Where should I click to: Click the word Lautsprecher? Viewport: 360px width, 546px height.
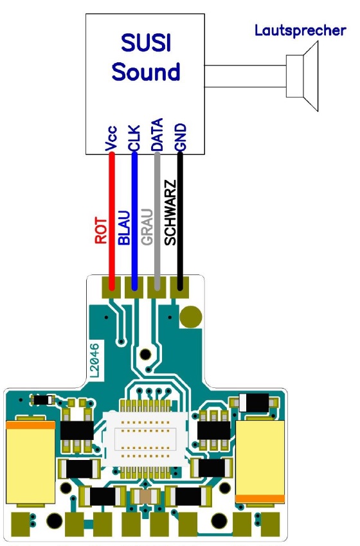pyautogui.click(x=300, y=31)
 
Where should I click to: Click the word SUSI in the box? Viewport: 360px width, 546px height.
pyautogui.click(x=146, y=43)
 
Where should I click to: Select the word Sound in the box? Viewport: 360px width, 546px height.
pyautogui.click(x=146, y=71)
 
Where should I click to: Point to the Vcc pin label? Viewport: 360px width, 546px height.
pyautogui.click(x=111, y=139)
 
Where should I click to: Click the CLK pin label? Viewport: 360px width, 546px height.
pyautogui.click(x=134, y=138)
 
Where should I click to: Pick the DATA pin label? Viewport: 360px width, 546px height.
pyautogui.click(x=157, y=134)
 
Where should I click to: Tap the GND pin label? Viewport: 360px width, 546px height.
pyautogui.click(x=181, y=137)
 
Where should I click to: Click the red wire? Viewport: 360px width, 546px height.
pyautogui.click(x=112, y=221)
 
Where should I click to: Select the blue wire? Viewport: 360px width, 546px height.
pyautogui.click(x=134, y=221)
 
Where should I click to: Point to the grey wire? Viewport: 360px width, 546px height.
pyautogui.click(x=157, y=221)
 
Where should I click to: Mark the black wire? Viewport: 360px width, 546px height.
pyautogui.click(x=180, y=221)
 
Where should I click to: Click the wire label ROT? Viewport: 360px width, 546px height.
pyautogui.click(x=101, y=231)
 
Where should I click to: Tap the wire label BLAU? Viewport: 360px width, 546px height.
pyautogui.click(x=124, y=228)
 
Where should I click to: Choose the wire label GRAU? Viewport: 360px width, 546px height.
pyautogui.click(x=147, y=227)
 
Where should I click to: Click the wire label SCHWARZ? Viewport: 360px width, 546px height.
pyautogui.click(x=170, y=213)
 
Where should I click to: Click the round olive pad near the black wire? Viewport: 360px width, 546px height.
pyautogui.click(x=191, y=317)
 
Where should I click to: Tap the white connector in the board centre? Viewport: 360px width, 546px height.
pyautogui.click(x=146, y=440)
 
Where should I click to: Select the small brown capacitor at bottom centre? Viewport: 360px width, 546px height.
pyautogui.click(x=146, y=496)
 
